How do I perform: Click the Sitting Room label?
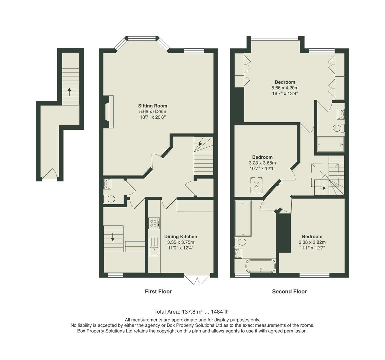click(x=153, y=106)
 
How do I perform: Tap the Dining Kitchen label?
click(x=181, y=237)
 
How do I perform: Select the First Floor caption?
click(x=158, y=292)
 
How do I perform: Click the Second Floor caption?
click(x=289, y=292)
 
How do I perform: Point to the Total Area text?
click(x=192, y=312)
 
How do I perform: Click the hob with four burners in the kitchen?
click(x=154, y=223)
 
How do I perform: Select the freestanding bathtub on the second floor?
click(x=260, y=267)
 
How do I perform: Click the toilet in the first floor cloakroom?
click(x=110, y=199)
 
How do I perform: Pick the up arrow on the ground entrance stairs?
click(x=69, y=91)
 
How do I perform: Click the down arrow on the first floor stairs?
click(x=113, y=236)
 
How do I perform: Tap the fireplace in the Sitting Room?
click(x=109, y=112)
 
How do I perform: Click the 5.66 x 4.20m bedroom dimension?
click(x=285, y=88)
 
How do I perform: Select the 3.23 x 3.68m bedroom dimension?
click(x=262, y=163)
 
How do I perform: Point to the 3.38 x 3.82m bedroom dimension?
click(x=312, y=242)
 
